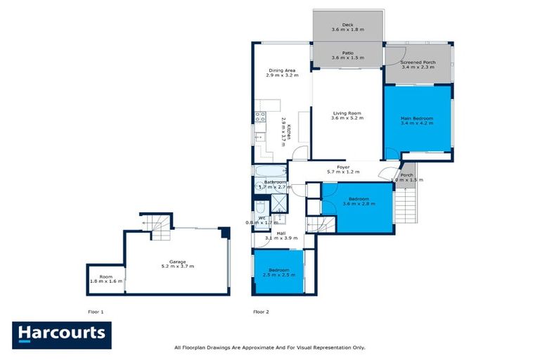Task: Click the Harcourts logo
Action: pos(61,334)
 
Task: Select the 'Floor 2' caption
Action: pos(262,311)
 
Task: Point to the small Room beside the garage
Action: pos(106,278)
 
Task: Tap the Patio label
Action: pos(348,55)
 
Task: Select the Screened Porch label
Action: pos(418,65)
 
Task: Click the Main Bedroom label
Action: pos(417,120)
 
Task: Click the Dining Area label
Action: pos(281,72)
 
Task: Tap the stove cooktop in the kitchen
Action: pos(259,117)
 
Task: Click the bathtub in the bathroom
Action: pos(271,171)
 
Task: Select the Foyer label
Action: pos(343,169)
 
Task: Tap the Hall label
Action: pos(281,236)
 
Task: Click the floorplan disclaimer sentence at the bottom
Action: pos(269,347)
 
